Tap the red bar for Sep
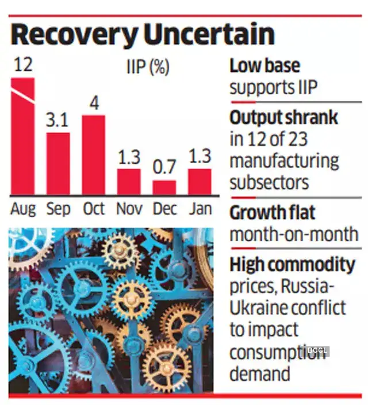click(x=58, y=164)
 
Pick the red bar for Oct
click(x=93, y=155)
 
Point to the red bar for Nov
click(x=129, y=182)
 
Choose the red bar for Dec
click(x=164, y=188)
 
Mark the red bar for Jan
click(x=200, y=182)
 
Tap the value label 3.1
click(x=58, y=121)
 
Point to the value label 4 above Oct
click(x=94, y=103)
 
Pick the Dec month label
click(x=164, y=208)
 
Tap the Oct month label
click(x=94, y=208)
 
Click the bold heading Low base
click(x=264, y=66)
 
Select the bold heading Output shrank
click(x=284, y=118)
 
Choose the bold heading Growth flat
click(x=273, y=213)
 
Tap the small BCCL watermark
click(x=317, y=350)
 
